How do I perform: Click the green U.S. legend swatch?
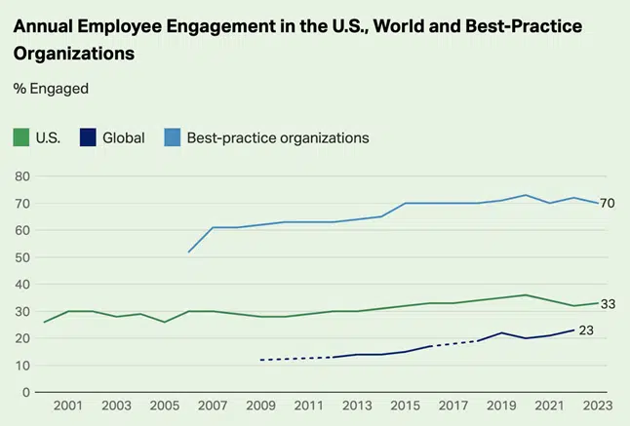(x=20, y=137)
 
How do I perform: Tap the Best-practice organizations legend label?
(x=278, y=137)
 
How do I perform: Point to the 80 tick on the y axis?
(x=21, y=176)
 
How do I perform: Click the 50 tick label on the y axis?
(x=21, y=257)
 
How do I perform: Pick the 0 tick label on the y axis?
(x=25, y=392)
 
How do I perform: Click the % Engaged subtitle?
(x=51, y=89)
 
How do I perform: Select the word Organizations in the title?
(x=73, y=54)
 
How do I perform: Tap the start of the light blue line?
(x=189, y=252)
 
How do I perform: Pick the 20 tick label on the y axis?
(x=21, y=338)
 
